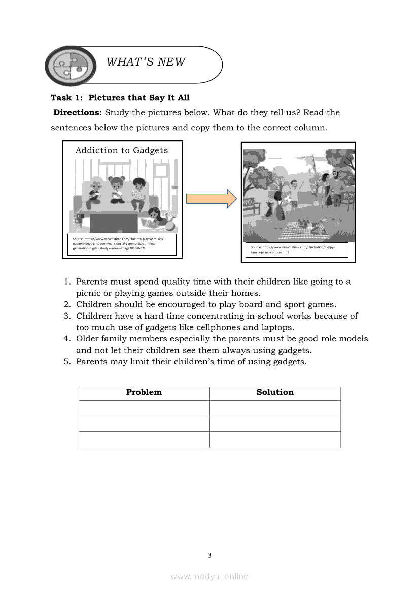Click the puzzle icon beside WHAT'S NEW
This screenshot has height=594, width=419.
coord(71,65)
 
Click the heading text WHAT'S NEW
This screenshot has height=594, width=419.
coord(146,62)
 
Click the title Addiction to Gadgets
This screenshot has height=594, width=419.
coord(122,150)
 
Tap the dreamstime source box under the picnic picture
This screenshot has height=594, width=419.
coord(297,249)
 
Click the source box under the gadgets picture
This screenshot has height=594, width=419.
coord(122,244)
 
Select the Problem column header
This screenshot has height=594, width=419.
coord(144,392)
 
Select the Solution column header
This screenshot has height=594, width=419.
coord(275,392)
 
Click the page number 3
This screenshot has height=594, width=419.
coord(209,555)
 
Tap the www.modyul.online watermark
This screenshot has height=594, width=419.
coord(209,577)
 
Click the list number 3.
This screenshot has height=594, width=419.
coord(66,316)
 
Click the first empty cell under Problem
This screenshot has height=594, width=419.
coord(144,408)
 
